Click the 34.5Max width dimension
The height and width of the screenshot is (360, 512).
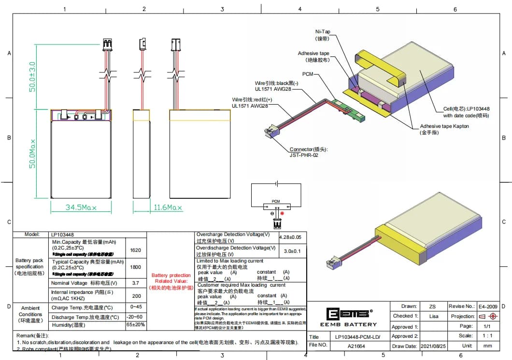(81, 208)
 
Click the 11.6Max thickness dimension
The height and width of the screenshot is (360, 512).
(168, 208)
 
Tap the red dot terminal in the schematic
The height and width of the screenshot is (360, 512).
(282, 213)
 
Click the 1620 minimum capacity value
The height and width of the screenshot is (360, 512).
(136, 250)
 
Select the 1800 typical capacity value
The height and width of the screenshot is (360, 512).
(136, 267)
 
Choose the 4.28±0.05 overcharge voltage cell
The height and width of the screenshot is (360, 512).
(292, 237)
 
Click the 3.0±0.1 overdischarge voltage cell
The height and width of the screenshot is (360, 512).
(292, 251)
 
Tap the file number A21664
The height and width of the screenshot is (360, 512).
(357, 346)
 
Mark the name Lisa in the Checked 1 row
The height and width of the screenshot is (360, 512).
(433, 316)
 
